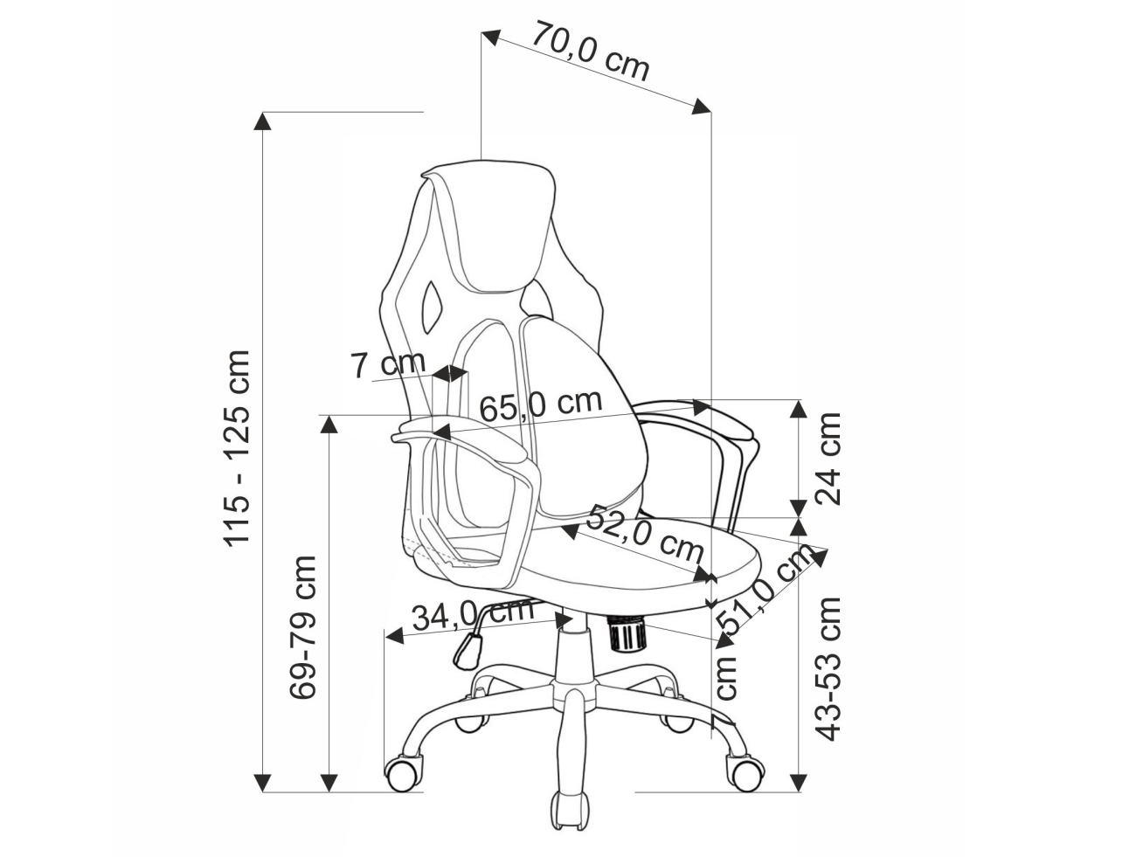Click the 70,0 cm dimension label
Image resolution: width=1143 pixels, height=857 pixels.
591,51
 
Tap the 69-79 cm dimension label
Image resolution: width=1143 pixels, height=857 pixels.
302,627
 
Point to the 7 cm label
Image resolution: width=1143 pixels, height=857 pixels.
388,363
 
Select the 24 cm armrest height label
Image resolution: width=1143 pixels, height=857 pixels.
828,458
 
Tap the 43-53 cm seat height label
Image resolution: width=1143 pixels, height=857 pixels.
828,668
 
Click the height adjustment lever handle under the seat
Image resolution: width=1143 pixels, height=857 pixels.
468,652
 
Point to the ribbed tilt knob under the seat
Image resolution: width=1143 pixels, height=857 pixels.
628,632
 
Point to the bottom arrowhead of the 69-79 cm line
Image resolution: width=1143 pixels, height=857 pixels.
329,798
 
